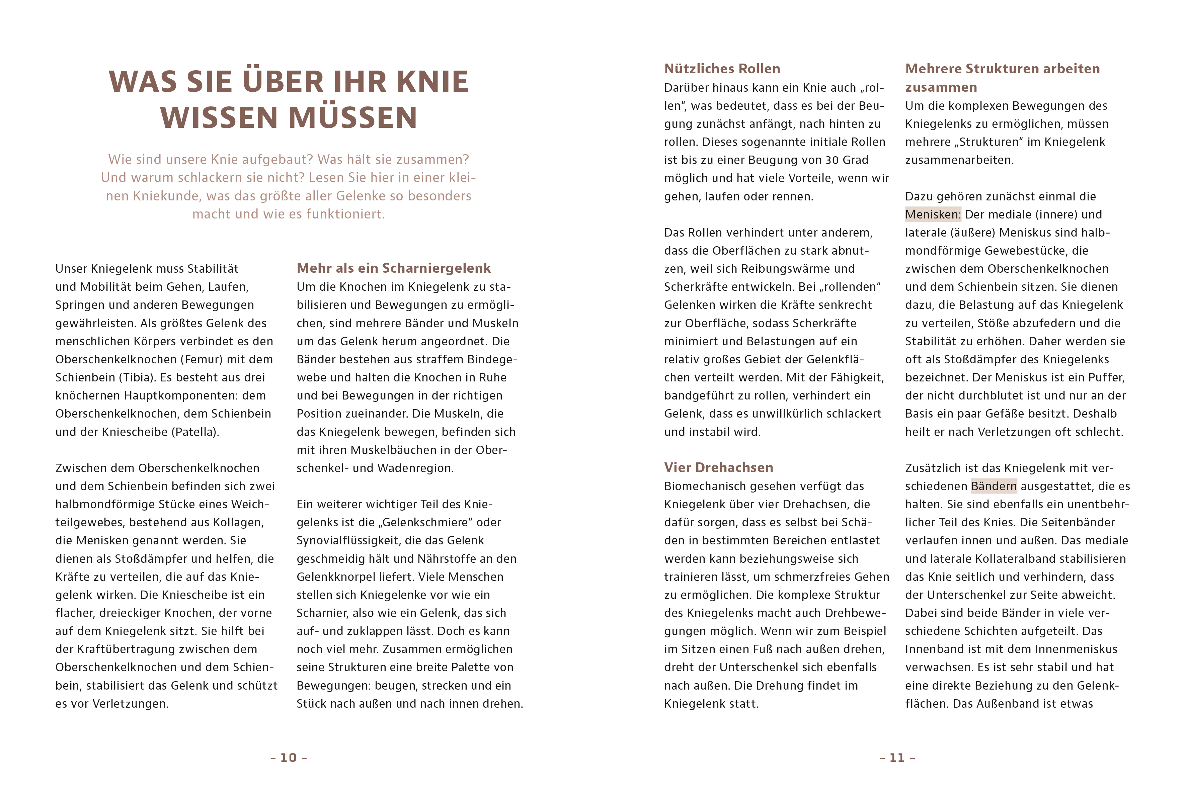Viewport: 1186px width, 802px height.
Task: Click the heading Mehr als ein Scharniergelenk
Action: [x=393, y=268]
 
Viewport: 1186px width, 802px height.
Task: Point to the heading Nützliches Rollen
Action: [x=722, y=69]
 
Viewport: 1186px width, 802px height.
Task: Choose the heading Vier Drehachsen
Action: [x=719, y=467]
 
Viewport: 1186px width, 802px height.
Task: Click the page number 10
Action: [x=288, y=758]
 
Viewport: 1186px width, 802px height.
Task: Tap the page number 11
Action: [x=897, y=758]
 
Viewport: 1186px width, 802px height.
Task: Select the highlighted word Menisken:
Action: [x=933, y=214]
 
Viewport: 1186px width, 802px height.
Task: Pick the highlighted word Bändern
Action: [x=994, y=486]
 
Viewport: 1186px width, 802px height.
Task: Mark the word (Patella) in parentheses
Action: [x=195, y=432]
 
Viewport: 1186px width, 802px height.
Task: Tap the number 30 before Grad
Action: [x=832, y=160]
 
